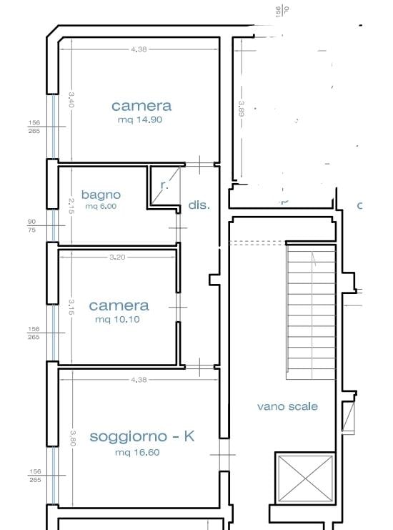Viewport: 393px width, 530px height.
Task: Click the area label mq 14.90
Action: pos(140,120)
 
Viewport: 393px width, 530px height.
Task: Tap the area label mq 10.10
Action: pos(117,320)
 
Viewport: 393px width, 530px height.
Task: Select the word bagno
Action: pos(101,195)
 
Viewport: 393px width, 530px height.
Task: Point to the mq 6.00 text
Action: pos(101,207)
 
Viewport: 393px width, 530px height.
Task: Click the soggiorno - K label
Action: pos(141,436)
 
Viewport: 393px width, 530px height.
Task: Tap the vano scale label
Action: pos(287,406)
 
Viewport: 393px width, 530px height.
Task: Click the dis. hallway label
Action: pos(199,205)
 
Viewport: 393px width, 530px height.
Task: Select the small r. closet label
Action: pos(164,185)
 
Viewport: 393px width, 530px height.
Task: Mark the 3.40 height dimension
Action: pos(71,99)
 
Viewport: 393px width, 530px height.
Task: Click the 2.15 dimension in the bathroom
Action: pos(71,206)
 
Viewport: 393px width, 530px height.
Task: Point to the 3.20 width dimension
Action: pos(117,257)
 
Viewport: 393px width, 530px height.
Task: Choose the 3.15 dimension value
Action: pos(71,308)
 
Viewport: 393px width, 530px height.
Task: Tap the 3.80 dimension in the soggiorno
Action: pos(72,437)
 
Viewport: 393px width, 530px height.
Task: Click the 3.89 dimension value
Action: pos(242,108)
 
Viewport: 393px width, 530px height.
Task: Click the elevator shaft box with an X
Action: pos(304,478)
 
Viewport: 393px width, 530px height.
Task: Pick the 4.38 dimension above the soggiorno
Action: pos(139,380)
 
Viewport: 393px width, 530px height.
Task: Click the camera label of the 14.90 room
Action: pos(141,106)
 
